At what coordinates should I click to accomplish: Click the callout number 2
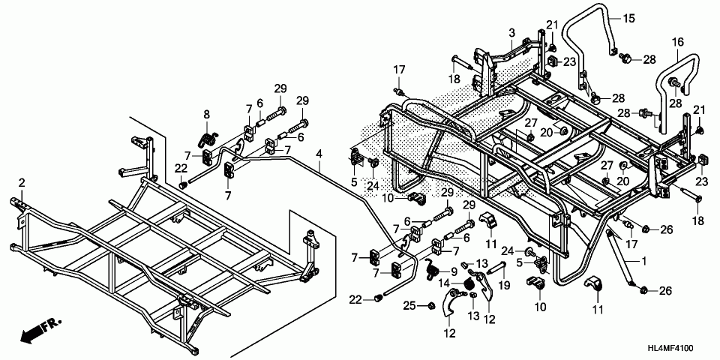point(22,183)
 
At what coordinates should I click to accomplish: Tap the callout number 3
point(511,33)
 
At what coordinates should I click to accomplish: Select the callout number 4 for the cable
point(319,154)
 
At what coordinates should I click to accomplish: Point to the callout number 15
point(628,16)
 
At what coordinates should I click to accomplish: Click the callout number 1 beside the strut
point(642,259)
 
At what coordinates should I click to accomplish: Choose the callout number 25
point(409,304)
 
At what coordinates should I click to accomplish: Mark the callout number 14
point(444,283)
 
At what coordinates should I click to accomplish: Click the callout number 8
point(206,114)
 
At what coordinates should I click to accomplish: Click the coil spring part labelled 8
point(208,139)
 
